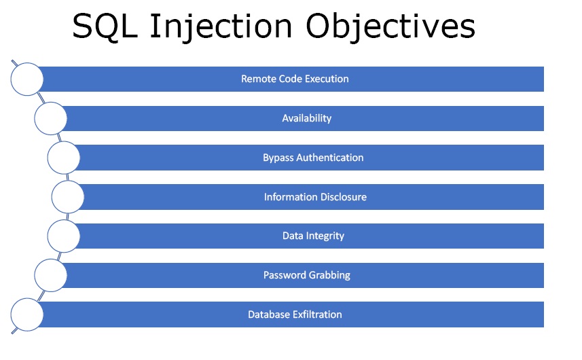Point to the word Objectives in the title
click(x=390, y=29)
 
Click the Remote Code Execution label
click(x=295, y=79)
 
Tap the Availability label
click(x=306, y=118)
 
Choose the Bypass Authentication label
click(x=313, y=158)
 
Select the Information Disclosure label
click(x=315, y=197)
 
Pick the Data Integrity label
click(x=313, y=236)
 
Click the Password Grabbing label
click(x=306, y=275)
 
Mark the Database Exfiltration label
click(x=295, y=314)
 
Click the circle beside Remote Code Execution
click(x=27, y=79)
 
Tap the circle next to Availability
click(x=51, y=118)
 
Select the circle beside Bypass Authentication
click(x=64, y=158)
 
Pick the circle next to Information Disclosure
click(x=68, y=197)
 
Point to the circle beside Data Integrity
click(x=64, y=236)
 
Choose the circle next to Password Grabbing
click(x=51, y=275)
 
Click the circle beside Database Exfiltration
click(x=27, y=314)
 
